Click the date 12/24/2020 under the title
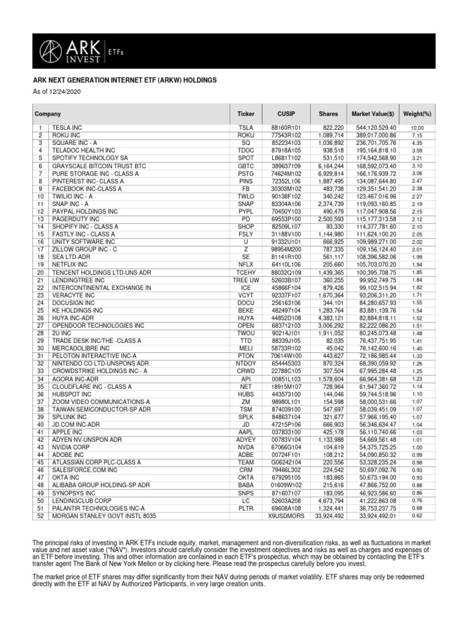pyautogui.click(x=65, y=91)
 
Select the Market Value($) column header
pyautogui.click(x=373, y=114)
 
